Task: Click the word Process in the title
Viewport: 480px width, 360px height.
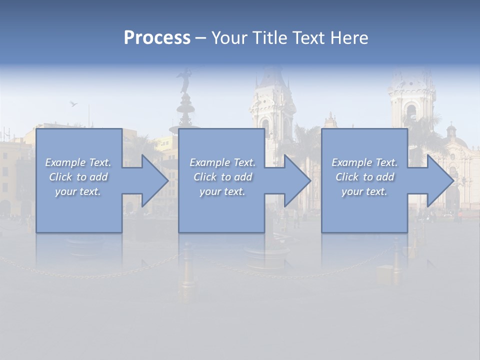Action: (157, 38)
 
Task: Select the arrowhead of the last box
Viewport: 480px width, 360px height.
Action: (440, 180)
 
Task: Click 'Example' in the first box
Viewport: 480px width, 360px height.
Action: (65, 162)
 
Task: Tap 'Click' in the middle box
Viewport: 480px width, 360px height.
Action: (204, 177)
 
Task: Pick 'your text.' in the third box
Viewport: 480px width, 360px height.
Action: (364, 191)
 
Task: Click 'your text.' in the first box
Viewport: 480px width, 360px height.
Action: (78, 191)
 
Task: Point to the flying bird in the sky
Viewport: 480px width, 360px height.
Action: (74, 104)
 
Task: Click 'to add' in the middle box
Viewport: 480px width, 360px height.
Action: (236, 177)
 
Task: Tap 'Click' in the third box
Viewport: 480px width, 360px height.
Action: (346, 177)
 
